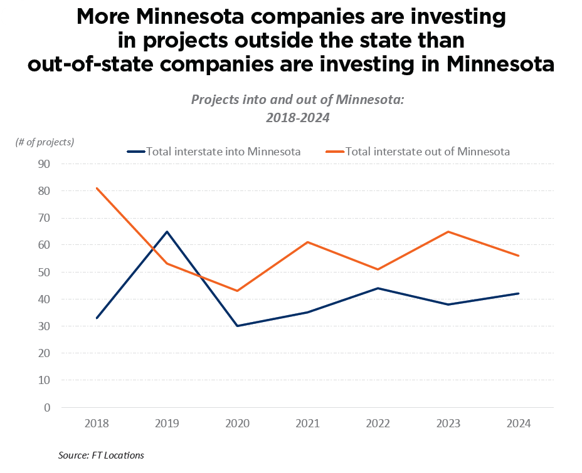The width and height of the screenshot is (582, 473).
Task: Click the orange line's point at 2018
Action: click(x=97, y=188)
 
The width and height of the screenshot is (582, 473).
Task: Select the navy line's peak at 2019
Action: click(x=167, y=232)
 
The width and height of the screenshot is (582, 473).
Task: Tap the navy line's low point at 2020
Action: click(x=238, y=326)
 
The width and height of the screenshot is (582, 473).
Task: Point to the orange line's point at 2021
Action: click(x=308, y=242)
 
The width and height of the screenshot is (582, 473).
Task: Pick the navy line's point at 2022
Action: click(x=378, y=288)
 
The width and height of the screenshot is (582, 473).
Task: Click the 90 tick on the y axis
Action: click(x=45, y=164)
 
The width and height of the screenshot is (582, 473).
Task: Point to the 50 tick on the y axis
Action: click(x=45, y=273)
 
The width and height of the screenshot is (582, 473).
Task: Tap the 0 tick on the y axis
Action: click(x=47, y=408)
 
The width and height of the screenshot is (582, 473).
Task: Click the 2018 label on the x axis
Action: click(x=97, y=424)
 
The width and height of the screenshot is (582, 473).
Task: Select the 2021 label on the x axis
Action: click(x=308, y=424)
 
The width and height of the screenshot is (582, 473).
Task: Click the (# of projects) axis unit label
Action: click(x=45, y=142)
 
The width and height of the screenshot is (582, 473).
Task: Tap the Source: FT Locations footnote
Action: click(x=101, y=455)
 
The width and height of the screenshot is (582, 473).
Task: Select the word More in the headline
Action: click(x=106, y=17)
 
